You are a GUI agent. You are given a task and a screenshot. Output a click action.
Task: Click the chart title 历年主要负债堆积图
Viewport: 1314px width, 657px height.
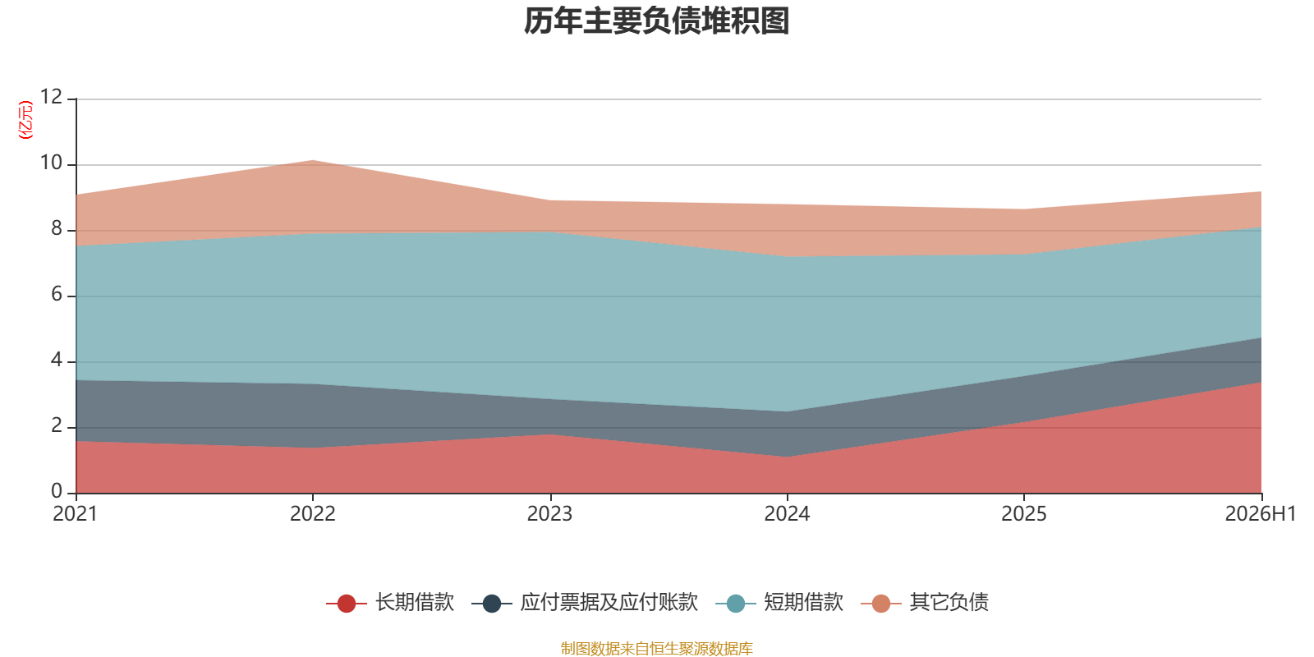[x=656, y=21]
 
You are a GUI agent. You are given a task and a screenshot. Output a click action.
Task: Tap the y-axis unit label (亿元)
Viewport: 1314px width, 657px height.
[x=25, y=120]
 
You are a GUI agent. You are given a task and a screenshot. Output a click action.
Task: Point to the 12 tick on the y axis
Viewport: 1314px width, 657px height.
[x=51, y=97]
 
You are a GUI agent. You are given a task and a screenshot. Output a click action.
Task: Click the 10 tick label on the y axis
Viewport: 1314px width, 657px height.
[x=51, y=163]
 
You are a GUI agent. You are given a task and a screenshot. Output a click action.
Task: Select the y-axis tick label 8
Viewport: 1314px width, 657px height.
[x=57, y=228]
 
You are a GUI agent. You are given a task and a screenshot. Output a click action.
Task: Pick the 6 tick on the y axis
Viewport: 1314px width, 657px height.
[x=57, y=294]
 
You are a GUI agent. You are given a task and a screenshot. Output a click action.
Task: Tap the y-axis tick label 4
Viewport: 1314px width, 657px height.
[x=57, y=360]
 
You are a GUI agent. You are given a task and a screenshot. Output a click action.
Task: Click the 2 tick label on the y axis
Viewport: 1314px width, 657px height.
[x=57, y=425]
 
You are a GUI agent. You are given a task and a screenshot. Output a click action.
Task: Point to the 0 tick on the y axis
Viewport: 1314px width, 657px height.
[x=57, y=491]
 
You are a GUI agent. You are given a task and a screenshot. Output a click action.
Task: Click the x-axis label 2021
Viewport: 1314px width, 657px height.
[x=75, y=514]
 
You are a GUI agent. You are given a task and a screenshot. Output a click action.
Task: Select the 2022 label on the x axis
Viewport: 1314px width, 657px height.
[x=313, y=514]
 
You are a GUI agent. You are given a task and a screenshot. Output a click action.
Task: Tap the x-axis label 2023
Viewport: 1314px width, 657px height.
[x=549, y=514]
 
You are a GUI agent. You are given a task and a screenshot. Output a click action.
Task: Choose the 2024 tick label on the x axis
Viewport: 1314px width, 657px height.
[x=787, y=514]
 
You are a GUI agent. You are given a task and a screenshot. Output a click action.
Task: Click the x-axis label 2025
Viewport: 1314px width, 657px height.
[x=1023, y=514]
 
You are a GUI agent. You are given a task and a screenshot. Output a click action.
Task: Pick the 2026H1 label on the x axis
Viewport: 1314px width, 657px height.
[x=1260, y=514]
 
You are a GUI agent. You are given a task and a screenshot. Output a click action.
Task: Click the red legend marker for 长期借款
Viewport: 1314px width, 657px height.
[x=346, y=603]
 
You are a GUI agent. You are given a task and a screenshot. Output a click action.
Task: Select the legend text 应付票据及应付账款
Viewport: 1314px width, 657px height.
[x=609, y=603]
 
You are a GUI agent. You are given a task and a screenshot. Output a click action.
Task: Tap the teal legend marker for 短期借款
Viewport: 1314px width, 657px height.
[x=736, y=603]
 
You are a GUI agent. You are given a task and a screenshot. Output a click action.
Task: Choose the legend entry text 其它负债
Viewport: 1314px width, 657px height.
[x=949, y=603]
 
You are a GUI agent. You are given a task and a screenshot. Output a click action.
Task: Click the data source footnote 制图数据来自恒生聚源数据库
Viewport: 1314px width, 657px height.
[x=656, y=648]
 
